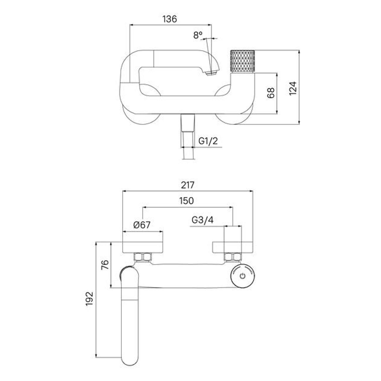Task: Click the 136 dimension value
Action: coord(169,19)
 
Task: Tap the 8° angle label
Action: coord(198,35)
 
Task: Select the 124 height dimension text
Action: coord(293,88)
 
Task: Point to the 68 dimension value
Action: coord(271,93)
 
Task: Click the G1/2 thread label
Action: coord(208,141)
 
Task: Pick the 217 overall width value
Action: coord(188,185)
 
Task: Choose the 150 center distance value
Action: coord(186,201)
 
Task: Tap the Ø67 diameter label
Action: coord(142,225)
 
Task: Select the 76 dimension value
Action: coord(105,265)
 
